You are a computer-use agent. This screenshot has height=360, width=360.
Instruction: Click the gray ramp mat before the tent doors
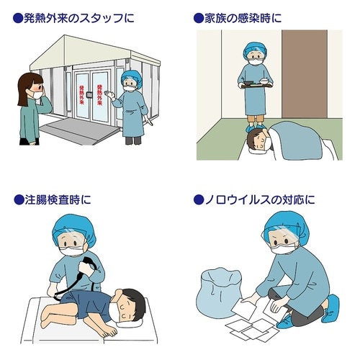72,129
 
